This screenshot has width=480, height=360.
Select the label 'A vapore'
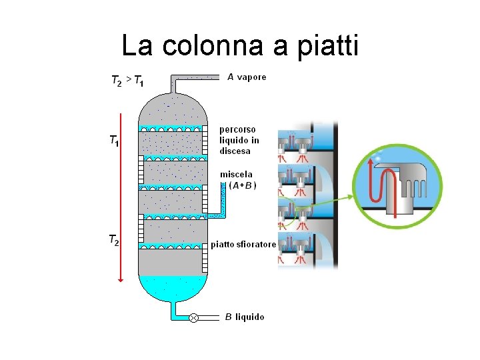247,77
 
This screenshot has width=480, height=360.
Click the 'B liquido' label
245,317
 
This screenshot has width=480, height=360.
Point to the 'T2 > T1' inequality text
127,81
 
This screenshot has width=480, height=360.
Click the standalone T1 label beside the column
114,141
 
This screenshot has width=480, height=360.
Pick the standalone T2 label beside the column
114,240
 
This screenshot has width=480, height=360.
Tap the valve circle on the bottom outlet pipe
193,318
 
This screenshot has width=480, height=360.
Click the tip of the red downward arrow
121,280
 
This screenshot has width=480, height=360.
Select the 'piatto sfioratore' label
243,245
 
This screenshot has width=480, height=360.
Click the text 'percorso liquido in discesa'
239,140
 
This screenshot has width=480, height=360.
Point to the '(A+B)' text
243,185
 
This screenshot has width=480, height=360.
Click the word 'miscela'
237,175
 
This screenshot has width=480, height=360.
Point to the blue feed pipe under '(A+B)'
223,200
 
